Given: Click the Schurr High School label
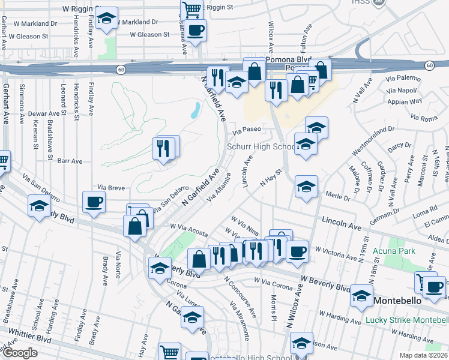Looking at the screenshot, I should (260, 147).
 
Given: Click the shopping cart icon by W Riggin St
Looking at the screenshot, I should (191, 9).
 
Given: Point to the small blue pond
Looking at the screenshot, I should (195, 110).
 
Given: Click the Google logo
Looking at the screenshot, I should (20, 353).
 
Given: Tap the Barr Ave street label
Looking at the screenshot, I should (70, 161).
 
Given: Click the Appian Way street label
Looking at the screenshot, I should (408, 101).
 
